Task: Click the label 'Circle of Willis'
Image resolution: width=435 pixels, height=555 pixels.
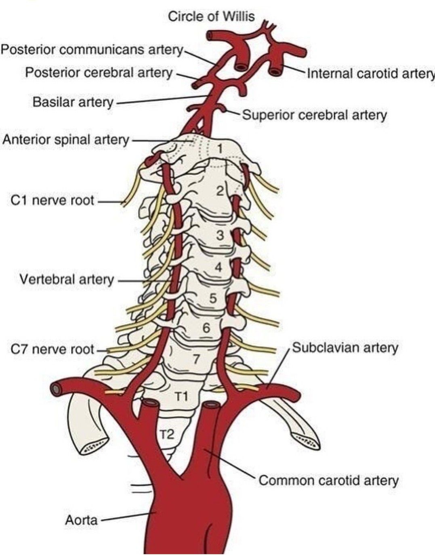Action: coord(211,17)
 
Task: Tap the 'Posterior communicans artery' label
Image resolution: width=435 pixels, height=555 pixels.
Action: coord(92,50)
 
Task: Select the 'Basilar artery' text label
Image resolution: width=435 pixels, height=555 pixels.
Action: coord(73,102)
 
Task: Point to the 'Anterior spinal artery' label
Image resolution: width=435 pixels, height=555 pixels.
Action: coord(66,140)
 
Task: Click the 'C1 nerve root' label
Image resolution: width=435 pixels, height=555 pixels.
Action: coord(53,200)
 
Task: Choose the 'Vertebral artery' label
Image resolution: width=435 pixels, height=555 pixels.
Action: coord(67,279)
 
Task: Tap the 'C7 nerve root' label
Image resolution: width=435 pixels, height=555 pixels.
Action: coord(53,349)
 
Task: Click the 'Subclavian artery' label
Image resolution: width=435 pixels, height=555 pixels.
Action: coord(345,347)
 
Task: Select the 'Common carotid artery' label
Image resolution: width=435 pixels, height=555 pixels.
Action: coord(328,480)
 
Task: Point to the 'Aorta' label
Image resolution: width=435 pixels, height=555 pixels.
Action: coord(82,520)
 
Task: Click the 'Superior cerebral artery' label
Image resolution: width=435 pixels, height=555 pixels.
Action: coord(315,115)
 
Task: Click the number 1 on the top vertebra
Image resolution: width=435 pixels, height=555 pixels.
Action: coord(219,149)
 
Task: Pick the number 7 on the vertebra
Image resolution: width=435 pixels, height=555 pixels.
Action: coord(197,359)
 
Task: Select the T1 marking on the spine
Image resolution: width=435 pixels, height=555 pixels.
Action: coord(182,397)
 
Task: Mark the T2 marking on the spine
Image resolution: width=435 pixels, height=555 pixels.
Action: coord(166,434)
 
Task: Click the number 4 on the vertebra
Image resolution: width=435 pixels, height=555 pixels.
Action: coord(219,267)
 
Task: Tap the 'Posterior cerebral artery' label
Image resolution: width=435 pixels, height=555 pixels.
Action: coord(99,73)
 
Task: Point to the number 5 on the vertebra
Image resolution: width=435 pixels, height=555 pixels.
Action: coord(213,299)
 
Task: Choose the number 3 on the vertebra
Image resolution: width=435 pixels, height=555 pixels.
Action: coord(220,235)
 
